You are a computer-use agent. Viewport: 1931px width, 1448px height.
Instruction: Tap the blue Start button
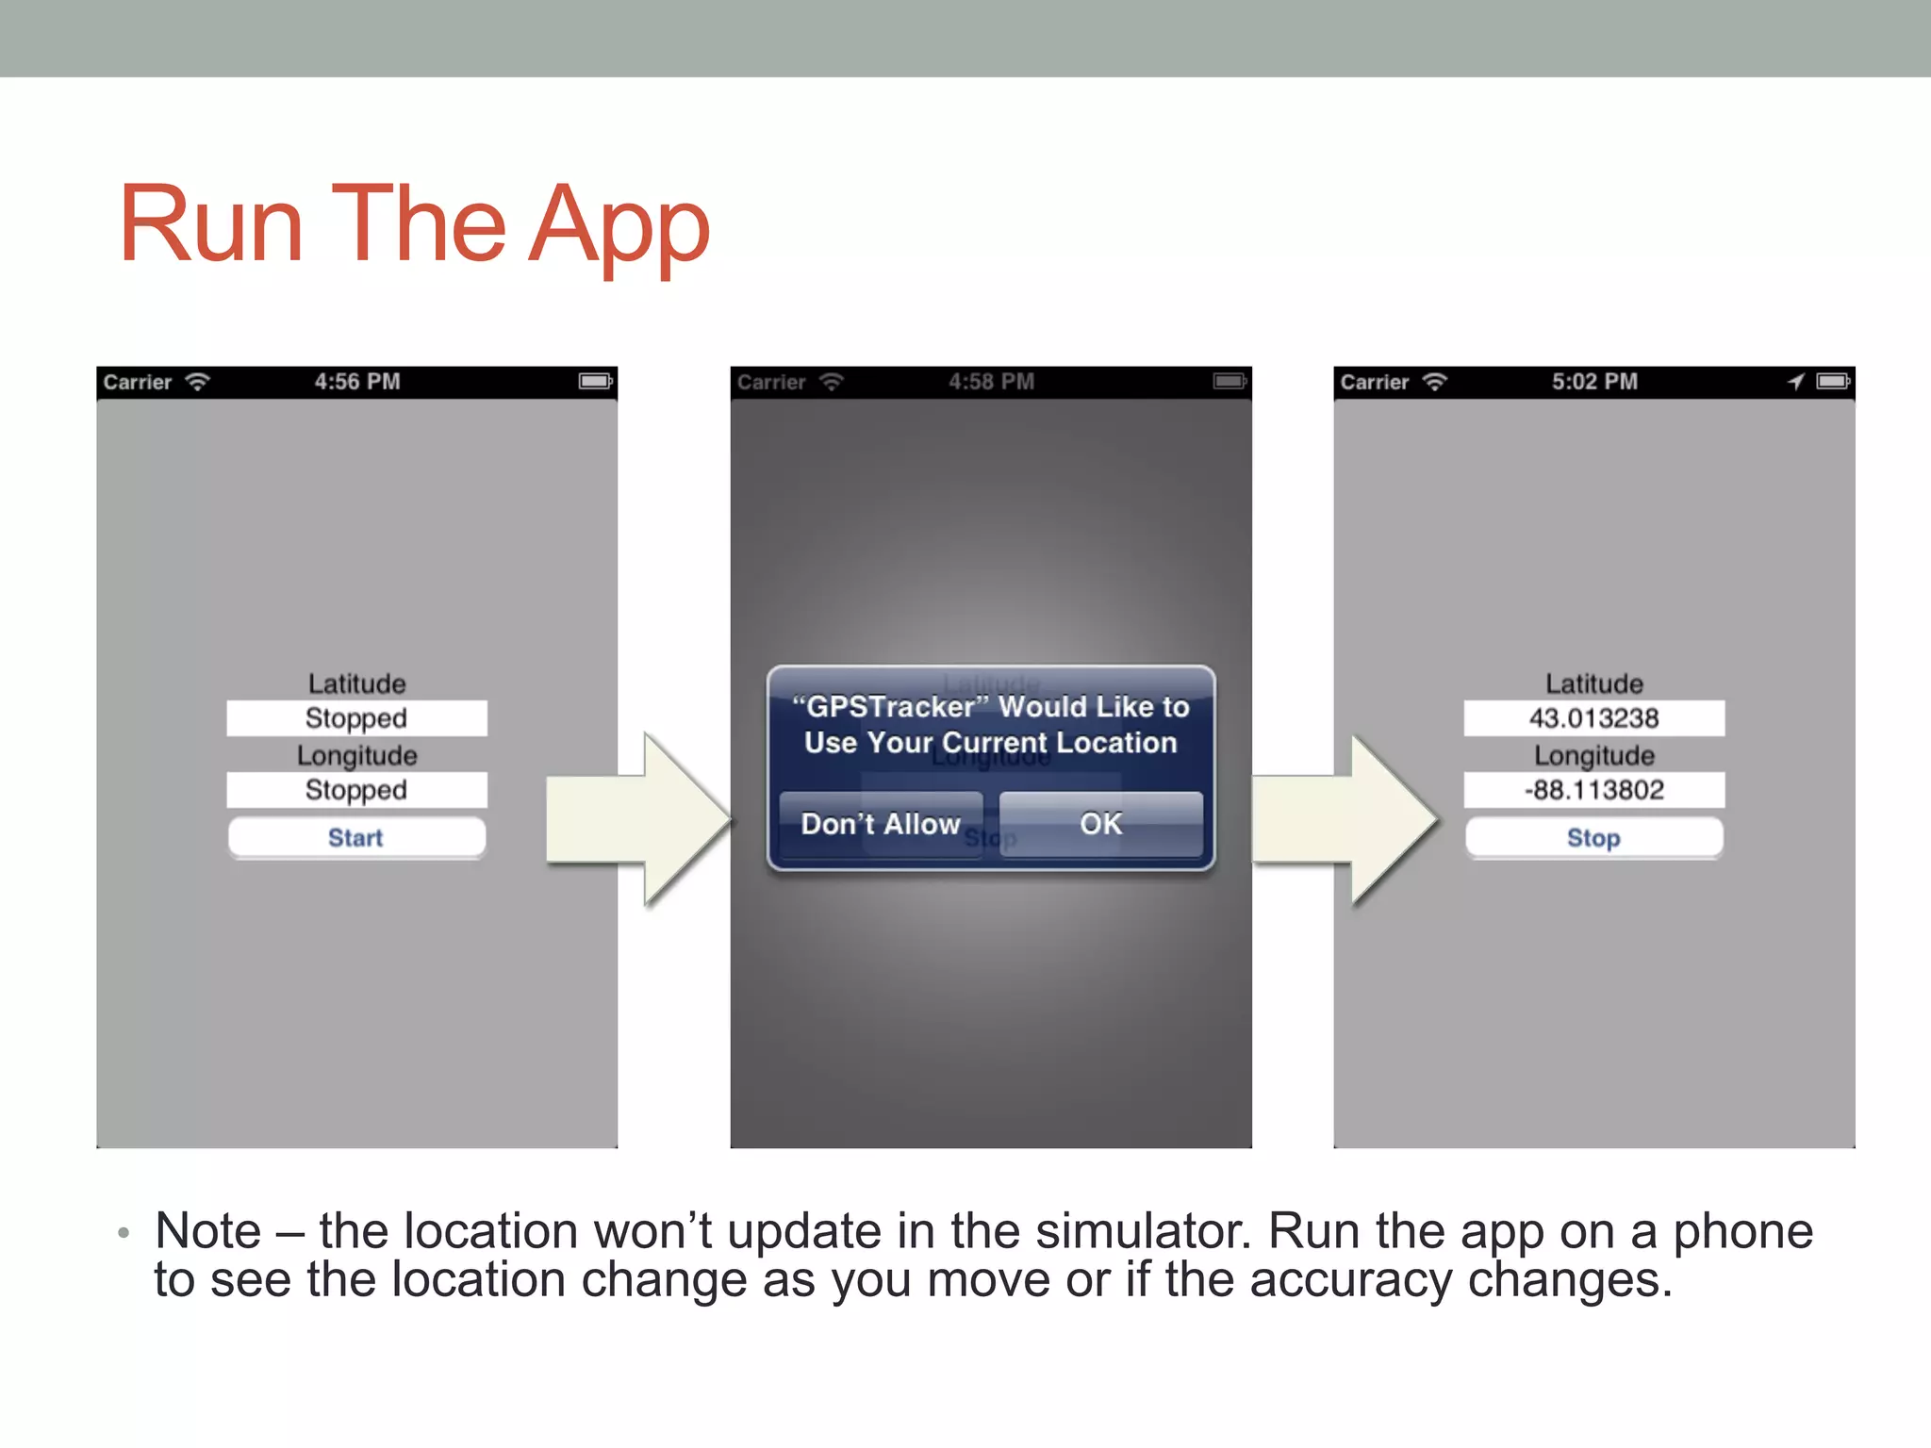click(356, 837)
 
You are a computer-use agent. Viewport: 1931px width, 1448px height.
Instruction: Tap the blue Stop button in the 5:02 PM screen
click(1593, 837)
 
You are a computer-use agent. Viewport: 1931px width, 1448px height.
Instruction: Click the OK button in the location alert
click(1100, 824)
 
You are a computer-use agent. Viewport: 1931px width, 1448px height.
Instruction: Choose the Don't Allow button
click(881, 824)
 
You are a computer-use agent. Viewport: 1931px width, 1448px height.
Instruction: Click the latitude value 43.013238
click(1593, 718)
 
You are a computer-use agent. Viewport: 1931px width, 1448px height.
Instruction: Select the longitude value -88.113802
click(1593, 790)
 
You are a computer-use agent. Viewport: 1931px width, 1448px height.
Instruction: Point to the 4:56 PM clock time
click(357, 382)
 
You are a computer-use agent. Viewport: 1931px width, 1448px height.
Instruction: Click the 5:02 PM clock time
click(1594, 382)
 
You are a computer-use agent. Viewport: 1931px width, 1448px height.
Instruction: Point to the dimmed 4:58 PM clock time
click(991, 382)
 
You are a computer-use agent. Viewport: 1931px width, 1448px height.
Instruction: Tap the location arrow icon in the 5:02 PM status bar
click(1795, 382)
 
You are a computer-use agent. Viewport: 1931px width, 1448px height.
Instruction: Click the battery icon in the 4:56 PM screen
click(595, 382)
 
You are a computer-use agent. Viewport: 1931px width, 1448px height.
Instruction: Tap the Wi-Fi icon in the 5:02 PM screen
click(1434, 382)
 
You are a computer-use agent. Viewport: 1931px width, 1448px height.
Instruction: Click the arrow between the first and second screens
click(637, 818)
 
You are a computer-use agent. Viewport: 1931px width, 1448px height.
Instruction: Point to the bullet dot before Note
click(124, 1232)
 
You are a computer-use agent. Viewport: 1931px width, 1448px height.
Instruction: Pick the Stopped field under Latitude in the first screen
click(356, 718)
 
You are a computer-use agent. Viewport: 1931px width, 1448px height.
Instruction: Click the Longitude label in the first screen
click(356, 755)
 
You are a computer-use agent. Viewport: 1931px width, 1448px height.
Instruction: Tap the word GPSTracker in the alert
click(890, 707)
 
